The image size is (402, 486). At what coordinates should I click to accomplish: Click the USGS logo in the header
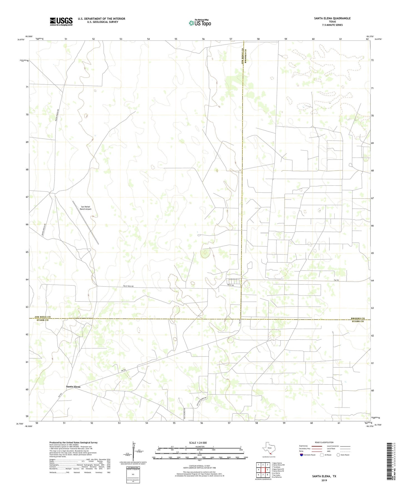coord(61,21)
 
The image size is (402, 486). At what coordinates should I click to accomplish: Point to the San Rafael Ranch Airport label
coord(86,208)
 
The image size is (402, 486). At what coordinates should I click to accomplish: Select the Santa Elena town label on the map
coord(73,387)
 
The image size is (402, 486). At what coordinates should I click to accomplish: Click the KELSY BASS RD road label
coord(129,286)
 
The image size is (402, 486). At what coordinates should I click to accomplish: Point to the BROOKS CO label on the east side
coord(357,318)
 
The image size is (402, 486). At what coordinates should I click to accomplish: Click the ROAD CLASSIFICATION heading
coord(324,442)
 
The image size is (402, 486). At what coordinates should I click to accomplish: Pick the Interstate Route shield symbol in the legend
coord(302,455)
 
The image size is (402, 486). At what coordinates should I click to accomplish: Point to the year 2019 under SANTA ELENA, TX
coord(324,480)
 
